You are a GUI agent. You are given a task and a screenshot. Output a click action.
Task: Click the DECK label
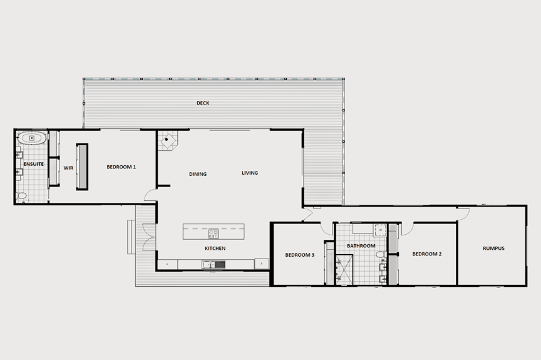click(x=202, y=103)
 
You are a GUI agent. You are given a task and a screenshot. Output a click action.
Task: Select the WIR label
click(x=68, y=167)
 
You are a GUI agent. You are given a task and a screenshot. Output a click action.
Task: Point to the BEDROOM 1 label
click(x=121, y=167)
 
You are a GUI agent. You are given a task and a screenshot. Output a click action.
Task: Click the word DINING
click(x=198, y=174)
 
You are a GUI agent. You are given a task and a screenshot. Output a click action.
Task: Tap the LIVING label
click(x=250, y=173)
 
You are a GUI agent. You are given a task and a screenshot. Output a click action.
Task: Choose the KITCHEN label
click(x=215, y=249)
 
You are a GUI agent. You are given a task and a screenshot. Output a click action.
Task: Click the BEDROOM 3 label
click(x=299, y=255)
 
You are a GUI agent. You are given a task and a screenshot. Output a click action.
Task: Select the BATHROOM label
click(x=361, y=246)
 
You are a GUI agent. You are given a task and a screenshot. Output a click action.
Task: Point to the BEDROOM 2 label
click(x=427, y=254)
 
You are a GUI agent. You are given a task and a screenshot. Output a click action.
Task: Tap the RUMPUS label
click(x=493, y=249)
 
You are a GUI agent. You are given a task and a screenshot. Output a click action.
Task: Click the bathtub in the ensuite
click(x=30, y=137)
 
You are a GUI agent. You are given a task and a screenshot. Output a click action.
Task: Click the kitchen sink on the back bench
click(x=210, y=265)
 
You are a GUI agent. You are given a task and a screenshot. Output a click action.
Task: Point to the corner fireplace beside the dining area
click(x=167, y=141)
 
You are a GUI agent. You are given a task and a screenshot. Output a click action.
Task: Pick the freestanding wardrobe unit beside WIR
click(x=81, y=166)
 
